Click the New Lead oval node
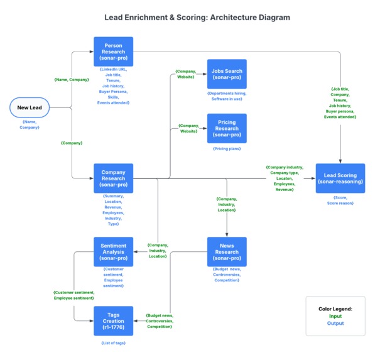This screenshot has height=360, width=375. [29, 107]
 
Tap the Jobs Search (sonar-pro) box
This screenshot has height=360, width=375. [226, 74]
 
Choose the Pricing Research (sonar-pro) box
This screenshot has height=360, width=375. [226, 128]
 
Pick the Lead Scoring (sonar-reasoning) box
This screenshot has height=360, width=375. [340, 178]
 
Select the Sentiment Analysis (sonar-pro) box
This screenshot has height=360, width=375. [113, 252]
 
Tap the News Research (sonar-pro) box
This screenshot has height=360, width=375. [226, 252]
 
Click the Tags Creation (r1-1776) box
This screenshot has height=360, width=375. [113, 321]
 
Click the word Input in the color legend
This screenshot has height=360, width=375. [335, 316]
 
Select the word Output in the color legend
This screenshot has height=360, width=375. [335, 324]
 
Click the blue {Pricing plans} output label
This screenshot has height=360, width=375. [226, 149]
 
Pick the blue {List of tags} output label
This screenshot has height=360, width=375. [113, 343]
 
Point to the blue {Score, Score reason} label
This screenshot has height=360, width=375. [340, 200]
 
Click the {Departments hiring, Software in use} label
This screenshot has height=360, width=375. [226, 95]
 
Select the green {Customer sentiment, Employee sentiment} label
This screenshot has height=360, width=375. [73, 295]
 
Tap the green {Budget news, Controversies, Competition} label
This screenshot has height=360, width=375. [159, 320]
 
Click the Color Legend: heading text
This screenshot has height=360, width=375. [335, 308]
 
